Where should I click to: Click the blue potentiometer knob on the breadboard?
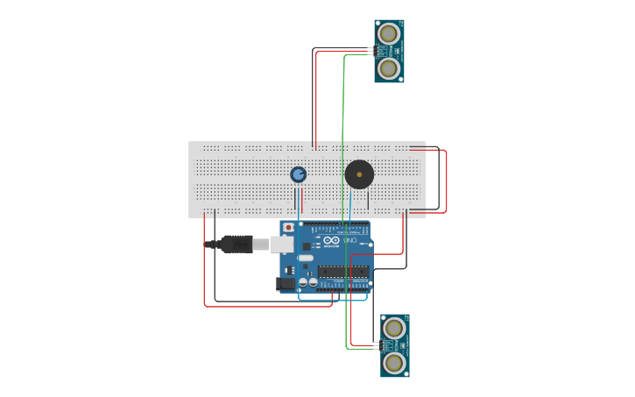point(299,174)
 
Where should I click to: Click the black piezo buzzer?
point(359,174)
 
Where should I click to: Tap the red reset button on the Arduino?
point(288,228)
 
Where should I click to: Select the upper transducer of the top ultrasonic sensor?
point(389,34)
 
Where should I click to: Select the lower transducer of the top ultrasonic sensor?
point(389,67)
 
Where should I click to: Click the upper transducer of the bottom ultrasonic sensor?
point(394,329)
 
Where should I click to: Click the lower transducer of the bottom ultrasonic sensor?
point(394,361)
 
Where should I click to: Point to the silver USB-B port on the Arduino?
point(283,244)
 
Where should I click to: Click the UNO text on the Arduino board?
point(349,240)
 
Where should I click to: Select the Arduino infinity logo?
point(331,240)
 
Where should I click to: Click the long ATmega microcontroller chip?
point(343,272)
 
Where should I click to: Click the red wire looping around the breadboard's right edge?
point(446,180)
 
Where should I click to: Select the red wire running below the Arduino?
point(263,306)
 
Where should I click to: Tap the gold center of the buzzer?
point(359,174)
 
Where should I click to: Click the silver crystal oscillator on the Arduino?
point(306,259)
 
